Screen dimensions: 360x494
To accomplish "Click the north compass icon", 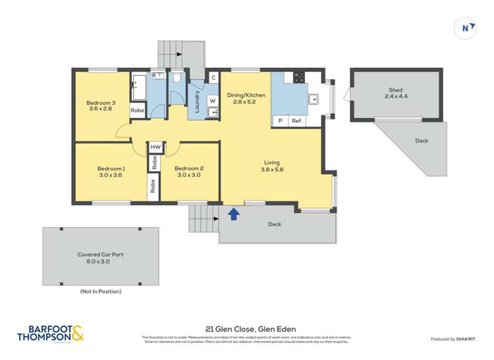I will (466, 28).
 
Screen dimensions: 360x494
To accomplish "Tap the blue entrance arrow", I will (233, 213).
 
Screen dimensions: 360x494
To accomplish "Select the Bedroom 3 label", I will (101, 103).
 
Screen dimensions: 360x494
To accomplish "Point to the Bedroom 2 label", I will (188, 168).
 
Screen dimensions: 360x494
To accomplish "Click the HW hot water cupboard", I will (155, 147).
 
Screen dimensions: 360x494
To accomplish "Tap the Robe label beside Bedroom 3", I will (137, 111).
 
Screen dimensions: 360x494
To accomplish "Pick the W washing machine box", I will (212, 101).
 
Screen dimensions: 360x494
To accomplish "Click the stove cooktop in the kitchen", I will (297, 76).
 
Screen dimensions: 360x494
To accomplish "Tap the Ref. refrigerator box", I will (297, 121).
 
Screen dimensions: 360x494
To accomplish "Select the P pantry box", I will (280, 121).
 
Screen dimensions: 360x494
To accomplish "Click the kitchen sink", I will (314, 100).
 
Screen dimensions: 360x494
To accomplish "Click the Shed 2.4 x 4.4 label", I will (395, 93).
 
